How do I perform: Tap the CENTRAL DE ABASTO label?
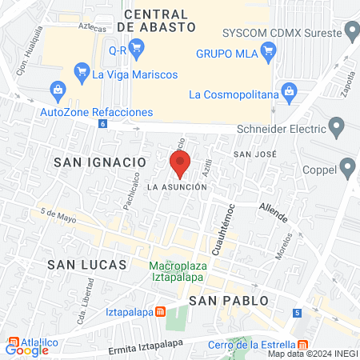161,20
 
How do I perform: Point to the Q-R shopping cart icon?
136,49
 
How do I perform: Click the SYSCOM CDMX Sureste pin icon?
351,32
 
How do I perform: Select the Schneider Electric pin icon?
337,126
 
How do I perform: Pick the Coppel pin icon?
347,168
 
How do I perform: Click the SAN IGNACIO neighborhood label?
99,162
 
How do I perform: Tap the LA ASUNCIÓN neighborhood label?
178,186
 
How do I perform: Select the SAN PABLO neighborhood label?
226,300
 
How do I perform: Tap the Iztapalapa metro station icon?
160,312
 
